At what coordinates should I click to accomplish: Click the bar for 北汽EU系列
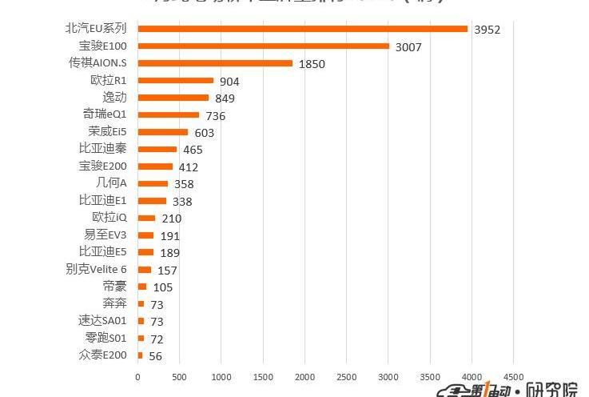[x=302, y=29]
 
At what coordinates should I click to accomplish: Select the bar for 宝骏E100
[x=263, y=46]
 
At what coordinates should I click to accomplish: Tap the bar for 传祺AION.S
[x=215, y=63]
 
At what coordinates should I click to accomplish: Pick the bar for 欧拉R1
[x=175, y=80]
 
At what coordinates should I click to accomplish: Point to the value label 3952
[x=487, y=30]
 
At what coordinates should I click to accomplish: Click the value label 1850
[x=312, y=64]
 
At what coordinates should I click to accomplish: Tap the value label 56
[x=155, y=356]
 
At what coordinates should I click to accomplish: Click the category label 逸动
[x=114, y=98]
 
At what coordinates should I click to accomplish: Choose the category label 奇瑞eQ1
[x=105, y=114]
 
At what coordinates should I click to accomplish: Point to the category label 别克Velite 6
[x=96, y=269]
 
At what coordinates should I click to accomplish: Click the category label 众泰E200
[x=102, y=355]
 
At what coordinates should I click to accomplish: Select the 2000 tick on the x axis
[x=304, y=376]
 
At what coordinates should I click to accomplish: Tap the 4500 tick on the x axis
[x=513, y=376]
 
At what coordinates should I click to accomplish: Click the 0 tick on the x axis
[x=137, y=376]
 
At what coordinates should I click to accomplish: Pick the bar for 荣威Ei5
[x=163, y=132]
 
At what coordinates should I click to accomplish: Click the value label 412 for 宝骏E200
[x=188, y=167]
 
